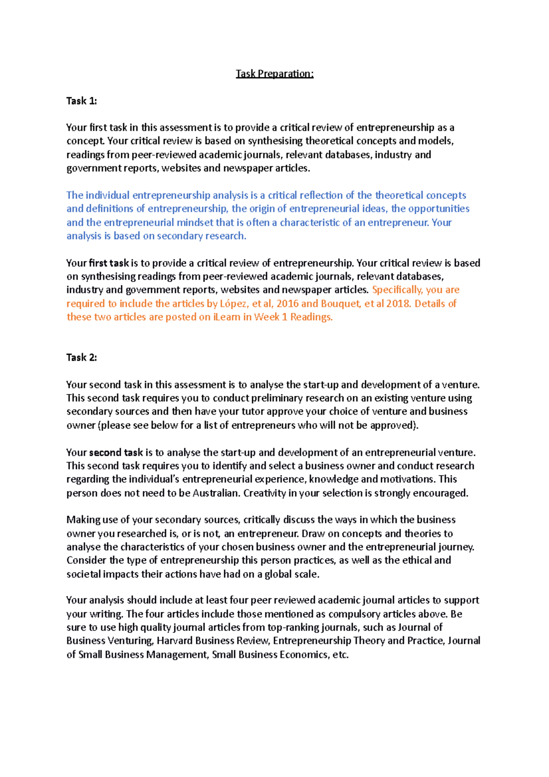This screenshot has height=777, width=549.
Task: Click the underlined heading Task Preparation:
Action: coord(274,74)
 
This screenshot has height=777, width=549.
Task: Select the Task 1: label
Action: coord(81,101)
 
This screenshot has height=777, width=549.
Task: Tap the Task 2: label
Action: coord(81,357)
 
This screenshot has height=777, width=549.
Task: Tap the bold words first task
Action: coord(109,263)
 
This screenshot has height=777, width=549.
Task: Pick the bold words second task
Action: coord(116,453)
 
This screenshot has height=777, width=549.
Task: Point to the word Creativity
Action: coord(264,493)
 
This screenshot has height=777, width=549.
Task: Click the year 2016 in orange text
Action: coord(287,303)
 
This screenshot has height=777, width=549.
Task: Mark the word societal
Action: coord(83,574)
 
